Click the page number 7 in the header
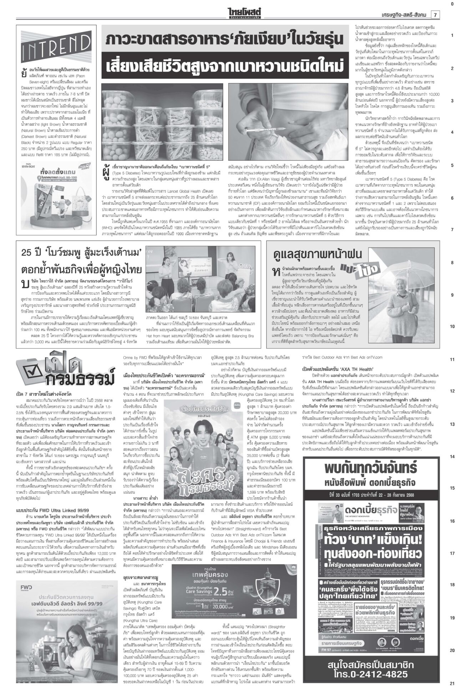436,15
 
